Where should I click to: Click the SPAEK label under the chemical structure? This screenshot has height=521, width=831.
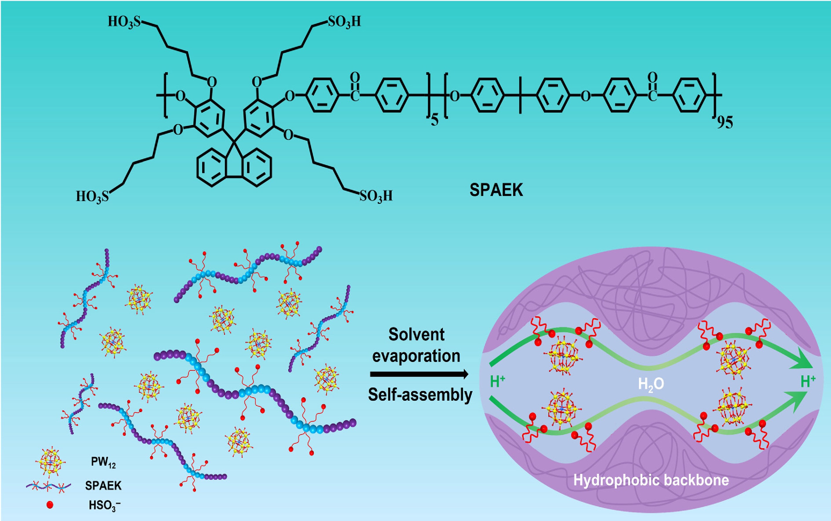pyautogui.click(x=496, y=190)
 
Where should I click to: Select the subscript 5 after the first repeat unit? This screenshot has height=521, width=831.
pyautogui.click(x=435, y=121)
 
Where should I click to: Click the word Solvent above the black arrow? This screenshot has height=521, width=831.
pyautogui.click(x=416, y=335)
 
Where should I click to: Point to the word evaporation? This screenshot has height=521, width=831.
pyautogui.click(x=416, y=356)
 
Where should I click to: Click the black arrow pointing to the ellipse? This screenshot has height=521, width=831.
pyautogui.click(x=419, y=374)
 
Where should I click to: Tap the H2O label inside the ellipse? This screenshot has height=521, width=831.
pyautogui.click(x=651, y=384)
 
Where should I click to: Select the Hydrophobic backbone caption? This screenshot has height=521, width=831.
pyautogui.click(x=651, y=480)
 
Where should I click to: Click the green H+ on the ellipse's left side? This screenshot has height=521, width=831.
pyautogui.click(x=497, y=382)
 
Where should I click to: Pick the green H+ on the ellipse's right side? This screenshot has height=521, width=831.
pyautogui.click(x=808, y=382)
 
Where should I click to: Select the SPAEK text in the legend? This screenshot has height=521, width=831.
pyautogui.click(x=103, y=486)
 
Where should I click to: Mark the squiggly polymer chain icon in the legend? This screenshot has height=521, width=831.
pyautogui.click(x=49, y=486)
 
